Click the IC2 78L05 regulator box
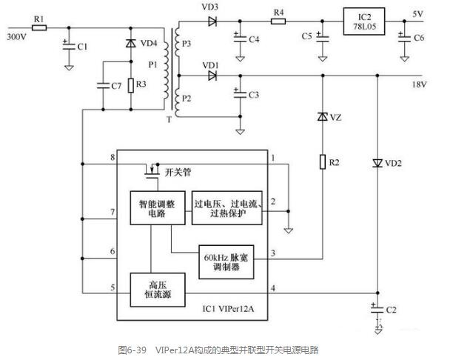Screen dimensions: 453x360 click(364, 21)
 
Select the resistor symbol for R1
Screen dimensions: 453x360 click(39, 27)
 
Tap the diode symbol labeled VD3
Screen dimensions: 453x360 click(212, 21)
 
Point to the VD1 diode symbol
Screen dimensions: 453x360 click(212, 76)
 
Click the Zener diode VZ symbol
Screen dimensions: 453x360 click(323, 117)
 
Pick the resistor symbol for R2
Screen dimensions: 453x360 click(323, 161)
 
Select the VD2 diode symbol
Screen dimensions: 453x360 click(377, 164)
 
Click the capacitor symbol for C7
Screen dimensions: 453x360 click(103, 86)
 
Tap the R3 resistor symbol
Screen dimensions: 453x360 click(131, 86)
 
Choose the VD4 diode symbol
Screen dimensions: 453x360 click(131, 43)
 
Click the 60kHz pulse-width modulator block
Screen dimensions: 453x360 click(226, 262)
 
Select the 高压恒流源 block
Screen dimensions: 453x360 click(158, 290)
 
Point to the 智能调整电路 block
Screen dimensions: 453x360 click(158, 208)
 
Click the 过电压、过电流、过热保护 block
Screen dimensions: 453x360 click(227, 208)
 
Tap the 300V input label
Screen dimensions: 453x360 click(17, 37)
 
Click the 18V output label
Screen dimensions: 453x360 click(419, 84)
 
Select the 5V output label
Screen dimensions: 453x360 click(417, 14)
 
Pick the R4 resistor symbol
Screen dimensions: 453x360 click(278, 21)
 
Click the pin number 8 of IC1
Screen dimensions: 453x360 click(113, 157)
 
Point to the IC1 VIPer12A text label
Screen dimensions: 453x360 click(228, 309)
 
